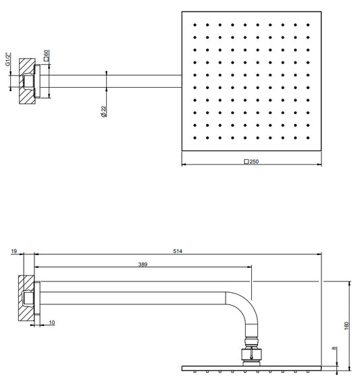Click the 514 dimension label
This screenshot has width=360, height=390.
pyautogui.click(x=178, y=251)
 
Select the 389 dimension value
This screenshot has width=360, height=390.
pyautogui.click(x=143, y=264)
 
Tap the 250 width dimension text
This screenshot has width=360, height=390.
pyautogui.click(x=254, y=161)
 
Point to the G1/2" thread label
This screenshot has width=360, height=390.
pyautogui.click(x=8, y=59)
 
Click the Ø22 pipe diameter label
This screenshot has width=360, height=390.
pyautogui.click(x=103, y=111)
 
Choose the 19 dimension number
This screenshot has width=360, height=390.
pyautogui.click(x=14, y=251)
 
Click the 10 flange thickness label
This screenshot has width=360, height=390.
pyautogui.click(x=52, y=323)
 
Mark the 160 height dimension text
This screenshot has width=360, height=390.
pyautogui.click(x=346, y=326)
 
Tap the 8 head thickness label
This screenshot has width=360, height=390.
pyautogui.click(x=334, y=348)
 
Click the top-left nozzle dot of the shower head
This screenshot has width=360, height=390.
pyautogui.click(x=195, y=24)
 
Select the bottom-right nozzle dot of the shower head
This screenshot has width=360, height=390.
pyautogui.click(x=308, y=138)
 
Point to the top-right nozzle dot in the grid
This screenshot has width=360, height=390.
pyautogui.click(x=308, y=24)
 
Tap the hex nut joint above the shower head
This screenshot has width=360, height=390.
pyautogui.click(x=251, y=354)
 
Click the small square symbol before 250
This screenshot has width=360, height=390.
pyautogui.click(x=247, y=162)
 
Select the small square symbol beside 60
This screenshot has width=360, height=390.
pyautogui.click(x=46, y=59)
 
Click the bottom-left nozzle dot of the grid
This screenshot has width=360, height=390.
pyautogui.click(x=195, y=138)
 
